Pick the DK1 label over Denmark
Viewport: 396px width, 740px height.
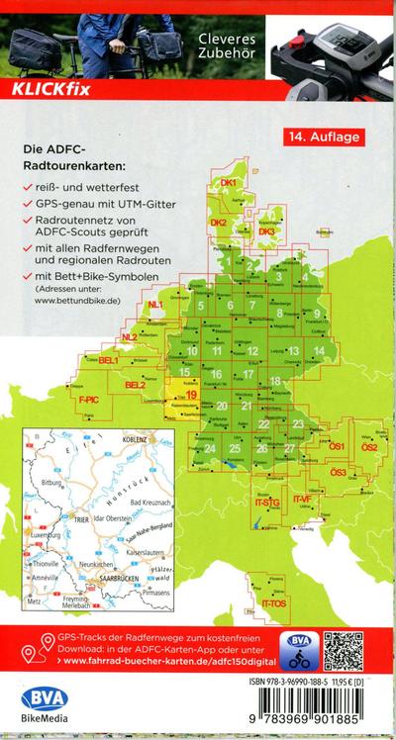pyautogui.click(x=229, y=183)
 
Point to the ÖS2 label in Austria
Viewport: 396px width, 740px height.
pyautogui.click(x=370, y=447)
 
